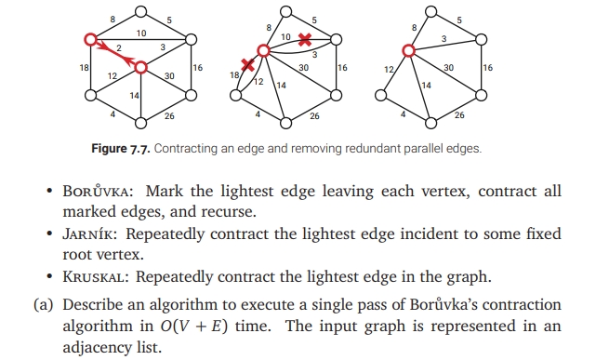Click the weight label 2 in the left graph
(x=118, y=47)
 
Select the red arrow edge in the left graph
(x=115, y=54)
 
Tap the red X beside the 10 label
(x=306, y=41)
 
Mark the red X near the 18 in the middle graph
(x=247, y=65)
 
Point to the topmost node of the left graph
(x=139, y=11)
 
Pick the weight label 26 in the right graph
(x=459, y=116)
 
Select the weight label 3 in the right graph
(x=444, y=38)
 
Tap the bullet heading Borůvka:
(x=94, y=191)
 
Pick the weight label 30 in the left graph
(x=169, y=76)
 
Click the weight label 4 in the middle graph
(x=258, y=114)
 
